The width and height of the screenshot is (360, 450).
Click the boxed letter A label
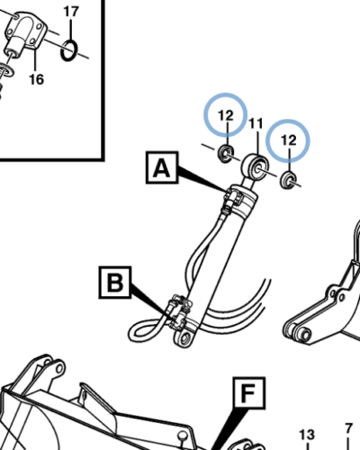[162, 167]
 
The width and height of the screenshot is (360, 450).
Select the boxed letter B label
[115, 283]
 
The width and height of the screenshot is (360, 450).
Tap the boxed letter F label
[248, 393]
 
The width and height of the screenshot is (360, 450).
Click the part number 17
[71, 12]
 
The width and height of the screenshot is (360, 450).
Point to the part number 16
[36, 79]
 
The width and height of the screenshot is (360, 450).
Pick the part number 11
[256, 123]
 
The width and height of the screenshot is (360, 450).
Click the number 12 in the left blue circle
[226, 115]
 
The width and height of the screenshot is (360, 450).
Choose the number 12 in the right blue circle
[289, 140]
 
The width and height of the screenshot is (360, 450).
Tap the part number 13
[307, 435]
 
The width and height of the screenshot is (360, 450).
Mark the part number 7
[348, 428]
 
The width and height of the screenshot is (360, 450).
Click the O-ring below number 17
[69, 50]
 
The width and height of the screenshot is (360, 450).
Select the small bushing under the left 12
[226, 154]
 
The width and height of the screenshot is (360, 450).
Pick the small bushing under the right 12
[288, 180]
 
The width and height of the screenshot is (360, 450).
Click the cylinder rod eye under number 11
[256, 168]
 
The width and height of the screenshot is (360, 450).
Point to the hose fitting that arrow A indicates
[233, 199]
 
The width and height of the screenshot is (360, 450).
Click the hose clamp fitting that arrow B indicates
[179, 312]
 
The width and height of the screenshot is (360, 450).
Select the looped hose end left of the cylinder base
[146, 329]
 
